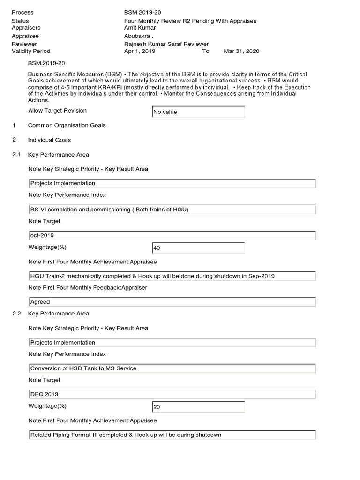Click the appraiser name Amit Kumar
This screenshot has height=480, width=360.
(x=140, y=28)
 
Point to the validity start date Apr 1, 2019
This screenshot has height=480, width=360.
(x=139, y=51)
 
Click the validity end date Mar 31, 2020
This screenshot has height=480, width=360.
(x=241, y=51)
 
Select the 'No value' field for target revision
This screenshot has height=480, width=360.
(x=198, y=112)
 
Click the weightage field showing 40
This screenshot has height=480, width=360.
(x=198, y=248)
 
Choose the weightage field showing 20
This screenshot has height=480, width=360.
(x=198, y=407)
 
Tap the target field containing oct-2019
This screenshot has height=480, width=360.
(x=172, y=235)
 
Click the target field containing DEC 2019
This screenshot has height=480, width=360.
(x=172, y=394)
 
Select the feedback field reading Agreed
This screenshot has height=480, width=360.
(x=172, y=302)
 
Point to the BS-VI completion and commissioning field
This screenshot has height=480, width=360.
(x=172, y=210)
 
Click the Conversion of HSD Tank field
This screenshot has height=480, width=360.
(x=172, y=368)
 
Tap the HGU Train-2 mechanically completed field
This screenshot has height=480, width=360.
(x=172, y=276)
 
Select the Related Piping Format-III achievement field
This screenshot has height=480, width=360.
(x=172, y=435)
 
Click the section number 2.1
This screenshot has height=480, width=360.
(x=17, y=155)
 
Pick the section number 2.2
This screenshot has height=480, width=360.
(x=17, y=314)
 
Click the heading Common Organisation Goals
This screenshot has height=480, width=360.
(x=67, y=125)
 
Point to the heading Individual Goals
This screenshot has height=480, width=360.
(x=49, y=140)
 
